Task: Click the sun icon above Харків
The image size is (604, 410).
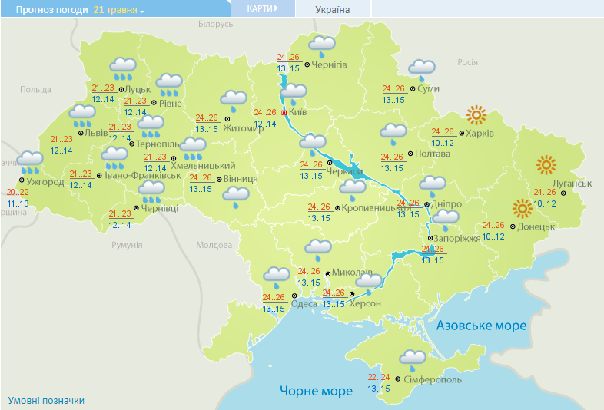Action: [476, 115]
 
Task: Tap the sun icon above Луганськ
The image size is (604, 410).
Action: [546, 164]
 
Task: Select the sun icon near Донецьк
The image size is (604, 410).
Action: [522, 207]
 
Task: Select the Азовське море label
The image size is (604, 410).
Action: [481, 326]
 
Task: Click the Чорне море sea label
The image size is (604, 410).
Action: [316, 391]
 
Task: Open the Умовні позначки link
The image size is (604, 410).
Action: [46, 401]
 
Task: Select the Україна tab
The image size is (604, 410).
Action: [332, 9]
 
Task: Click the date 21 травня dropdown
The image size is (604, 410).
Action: [119, 9]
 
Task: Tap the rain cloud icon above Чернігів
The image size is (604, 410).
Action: [321, 46]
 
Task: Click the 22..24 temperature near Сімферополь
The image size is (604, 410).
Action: [379, 377]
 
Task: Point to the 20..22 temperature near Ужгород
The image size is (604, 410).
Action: [18, 192]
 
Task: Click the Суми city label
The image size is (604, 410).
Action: [428, 89]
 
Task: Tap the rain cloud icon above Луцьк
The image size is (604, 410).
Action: [123, 69]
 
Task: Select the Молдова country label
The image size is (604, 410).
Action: [214, 245]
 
